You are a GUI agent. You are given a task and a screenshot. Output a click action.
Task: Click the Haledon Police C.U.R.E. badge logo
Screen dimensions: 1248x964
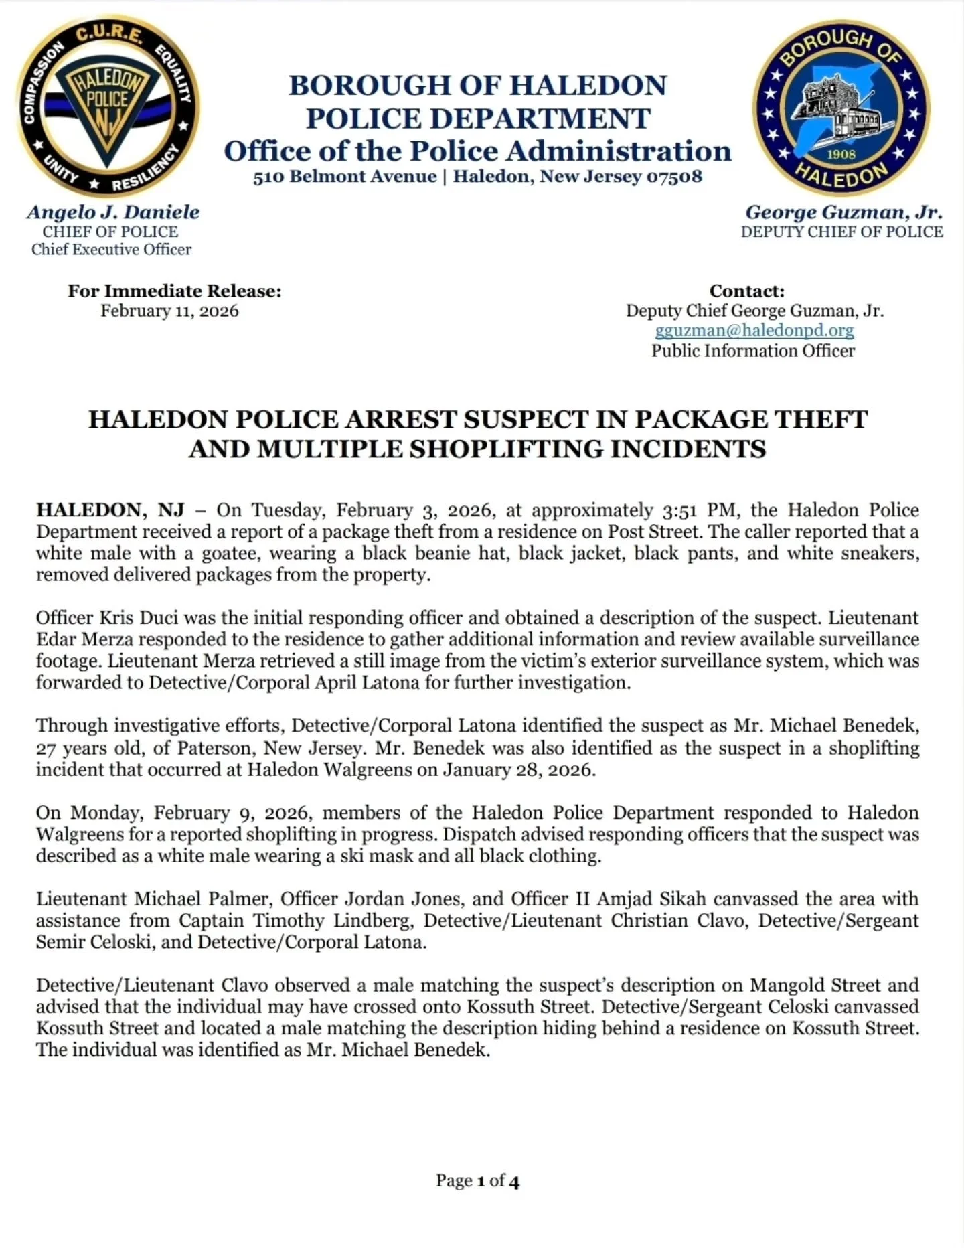107,104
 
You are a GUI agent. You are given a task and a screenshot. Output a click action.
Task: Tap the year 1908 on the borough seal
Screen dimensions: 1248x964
841,155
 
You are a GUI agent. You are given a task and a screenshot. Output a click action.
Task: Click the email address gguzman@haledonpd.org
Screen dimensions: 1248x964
754,331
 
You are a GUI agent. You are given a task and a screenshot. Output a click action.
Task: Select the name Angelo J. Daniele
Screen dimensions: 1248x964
112,212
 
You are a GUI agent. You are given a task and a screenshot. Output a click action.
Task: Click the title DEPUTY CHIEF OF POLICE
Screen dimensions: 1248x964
841,232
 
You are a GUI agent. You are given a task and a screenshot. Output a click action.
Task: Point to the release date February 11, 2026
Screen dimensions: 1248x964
169,311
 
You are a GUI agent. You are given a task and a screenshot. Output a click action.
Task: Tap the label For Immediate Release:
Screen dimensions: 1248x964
174,291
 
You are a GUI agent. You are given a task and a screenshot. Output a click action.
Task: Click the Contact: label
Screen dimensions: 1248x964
746,291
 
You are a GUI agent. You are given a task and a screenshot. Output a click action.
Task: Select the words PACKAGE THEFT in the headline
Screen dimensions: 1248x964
750,420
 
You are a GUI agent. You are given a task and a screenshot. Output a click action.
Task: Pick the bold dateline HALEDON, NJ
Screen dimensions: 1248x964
110,510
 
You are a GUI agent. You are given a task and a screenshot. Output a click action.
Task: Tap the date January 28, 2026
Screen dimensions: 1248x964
517,769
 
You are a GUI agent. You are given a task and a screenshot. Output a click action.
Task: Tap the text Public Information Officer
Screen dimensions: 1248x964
753,351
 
